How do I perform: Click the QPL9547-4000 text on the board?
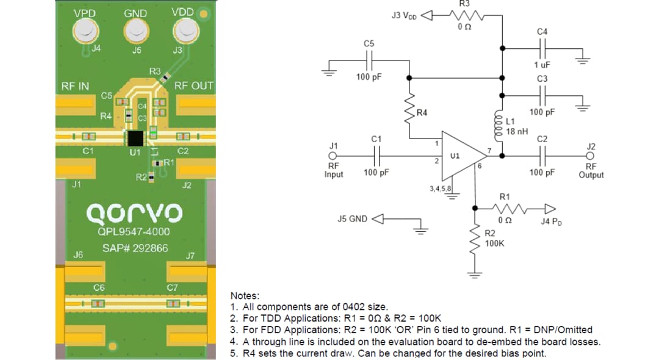(134, 232)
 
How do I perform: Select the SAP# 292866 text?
(135, 249)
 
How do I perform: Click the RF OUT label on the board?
(193, 86)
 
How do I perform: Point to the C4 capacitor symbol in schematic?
(542, 47)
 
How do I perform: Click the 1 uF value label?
(542, 65)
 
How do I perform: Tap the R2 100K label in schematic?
(494, 239)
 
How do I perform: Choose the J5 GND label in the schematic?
(352, 218)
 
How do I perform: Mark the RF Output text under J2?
(591, 170)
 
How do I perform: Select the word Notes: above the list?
(245, 295)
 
